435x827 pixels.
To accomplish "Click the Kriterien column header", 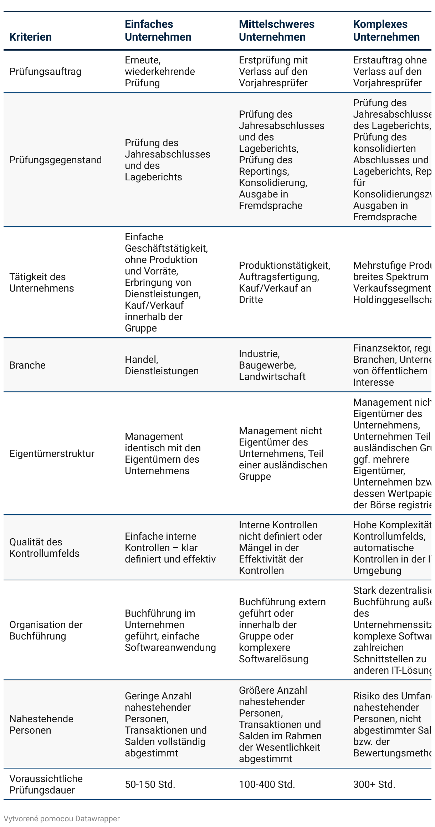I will coord(30,37).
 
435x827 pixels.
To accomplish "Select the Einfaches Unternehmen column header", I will coord(158,31).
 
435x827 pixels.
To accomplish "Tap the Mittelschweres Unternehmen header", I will coord(277,31).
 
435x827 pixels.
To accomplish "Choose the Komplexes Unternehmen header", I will coord(386,31).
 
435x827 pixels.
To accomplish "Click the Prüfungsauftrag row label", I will coord(45,72).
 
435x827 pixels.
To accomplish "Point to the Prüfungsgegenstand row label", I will coord(55,160).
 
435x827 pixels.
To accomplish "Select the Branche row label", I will coord(27,365).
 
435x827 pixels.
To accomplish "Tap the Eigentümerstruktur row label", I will coord(52,453).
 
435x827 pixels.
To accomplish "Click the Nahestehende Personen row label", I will coord(41,724).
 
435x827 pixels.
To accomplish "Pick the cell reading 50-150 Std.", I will coord(150,784).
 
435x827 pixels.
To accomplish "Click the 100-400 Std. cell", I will coord(267,784).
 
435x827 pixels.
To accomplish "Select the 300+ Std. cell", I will coord(374,784).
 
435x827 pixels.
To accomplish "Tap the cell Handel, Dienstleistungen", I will coord(162,365).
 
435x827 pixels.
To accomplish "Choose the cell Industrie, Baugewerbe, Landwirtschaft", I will coord(272,365).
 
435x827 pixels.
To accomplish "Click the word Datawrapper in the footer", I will coord(97,818).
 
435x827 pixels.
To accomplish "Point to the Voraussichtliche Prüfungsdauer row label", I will coord(46,784).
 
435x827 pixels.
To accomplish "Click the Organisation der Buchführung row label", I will coord(46,630).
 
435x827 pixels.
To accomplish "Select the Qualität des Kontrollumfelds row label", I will coord(45,548).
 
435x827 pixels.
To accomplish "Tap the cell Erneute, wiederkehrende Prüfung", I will coord(160,72).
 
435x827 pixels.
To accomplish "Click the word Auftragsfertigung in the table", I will coord(279,277).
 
